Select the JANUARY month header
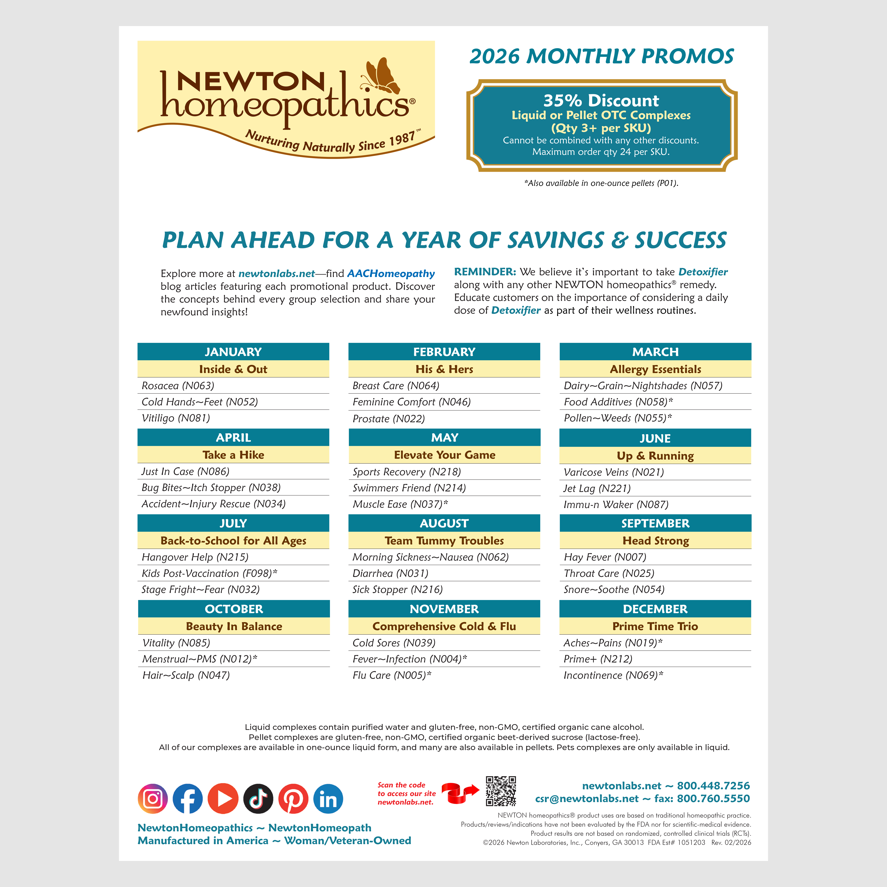pos(233,352)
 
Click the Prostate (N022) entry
pos(388,419)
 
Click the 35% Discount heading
pos(601,101)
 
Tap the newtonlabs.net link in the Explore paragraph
pos(276,274)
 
